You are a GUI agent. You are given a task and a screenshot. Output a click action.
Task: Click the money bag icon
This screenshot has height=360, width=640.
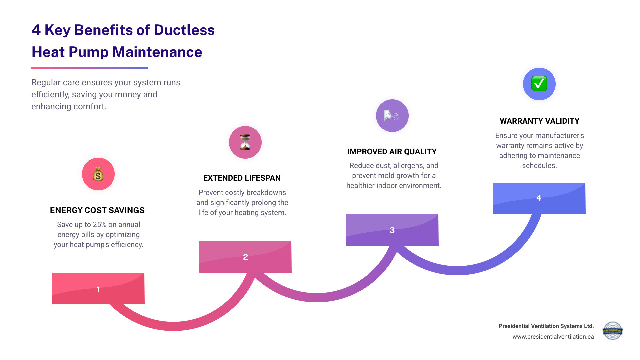[98, 174]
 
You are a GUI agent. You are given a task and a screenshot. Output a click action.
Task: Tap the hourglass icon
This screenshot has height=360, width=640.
[245, 142]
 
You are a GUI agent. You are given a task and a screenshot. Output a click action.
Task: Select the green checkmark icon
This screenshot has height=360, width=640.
[539, 84]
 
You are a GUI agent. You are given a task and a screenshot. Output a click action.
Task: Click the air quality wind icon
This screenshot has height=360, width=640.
[392, 116]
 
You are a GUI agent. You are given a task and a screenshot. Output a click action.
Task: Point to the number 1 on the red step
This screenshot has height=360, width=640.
[98, 289]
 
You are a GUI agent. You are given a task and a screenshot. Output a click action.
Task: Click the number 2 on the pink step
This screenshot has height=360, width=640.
[245, 257]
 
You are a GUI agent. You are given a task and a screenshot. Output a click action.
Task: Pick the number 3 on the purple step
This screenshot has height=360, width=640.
[392, 230]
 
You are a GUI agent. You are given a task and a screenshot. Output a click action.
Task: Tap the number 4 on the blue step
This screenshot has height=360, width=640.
[539, 198]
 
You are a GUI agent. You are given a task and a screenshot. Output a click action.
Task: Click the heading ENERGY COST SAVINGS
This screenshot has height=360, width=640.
[97, 210]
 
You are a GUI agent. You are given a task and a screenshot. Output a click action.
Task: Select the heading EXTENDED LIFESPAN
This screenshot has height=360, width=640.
[242, 178]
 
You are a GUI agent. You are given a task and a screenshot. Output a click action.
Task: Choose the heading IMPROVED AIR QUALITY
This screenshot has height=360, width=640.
[392, 152]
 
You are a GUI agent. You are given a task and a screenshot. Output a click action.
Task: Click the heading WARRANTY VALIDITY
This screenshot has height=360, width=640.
[539, 121]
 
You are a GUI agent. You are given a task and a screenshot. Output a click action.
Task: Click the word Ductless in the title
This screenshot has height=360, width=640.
[184, 30]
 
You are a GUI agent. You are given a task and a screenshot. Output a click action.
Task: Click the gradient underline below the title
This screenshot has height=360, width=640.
[89, 68]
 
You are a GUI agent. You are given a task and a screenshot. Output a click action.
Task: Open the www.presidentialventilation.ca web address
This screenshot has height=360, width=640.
[553, 337]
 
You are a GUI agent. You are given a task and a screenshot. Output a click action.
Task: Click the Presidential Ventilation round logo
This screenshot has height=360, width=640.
[612, 331]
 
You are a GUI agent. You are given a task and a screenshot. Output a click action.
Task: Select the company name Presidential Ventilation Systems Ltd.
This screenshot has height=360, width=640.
[546, 326]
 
